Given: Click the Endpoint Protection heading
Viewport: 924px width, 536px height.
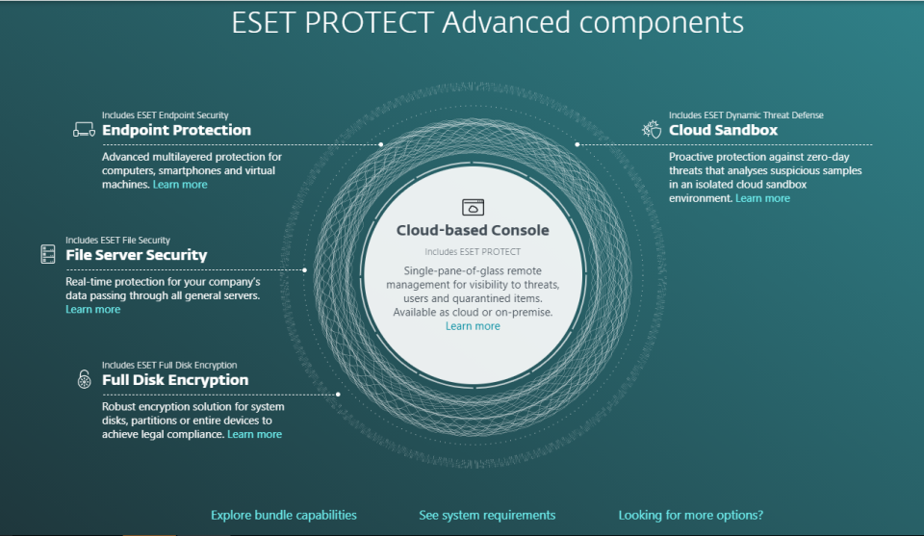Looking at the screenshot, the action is click(176, 130).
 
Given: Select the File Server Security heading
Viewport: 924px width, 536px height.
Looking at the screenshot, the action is click(136, 255).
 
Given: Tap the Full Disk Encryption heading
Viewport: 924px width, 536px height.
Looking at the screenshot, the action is click(175, 380).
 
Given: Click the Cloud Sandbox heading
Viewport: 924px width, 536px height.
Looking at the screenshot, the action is click(723, 130).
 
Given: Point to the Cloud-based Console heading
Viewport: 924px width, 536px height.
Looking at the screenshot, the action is click(473, 230).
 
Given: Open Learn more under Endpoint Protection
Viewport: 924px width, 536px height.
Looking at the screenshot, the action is click(180, 185).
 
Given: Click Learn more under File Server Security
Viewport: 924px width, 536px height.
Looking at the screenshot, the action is click(92, 309).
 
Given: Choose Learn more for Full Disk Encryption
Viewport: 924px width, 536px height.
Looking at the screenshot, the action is click(254, 434).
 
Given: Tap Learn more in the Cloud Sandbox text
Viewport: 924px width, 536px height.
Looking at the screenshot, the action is click(762, 198).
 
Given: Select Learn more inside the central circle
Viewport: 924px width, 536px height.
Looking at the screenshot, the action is click(473, 326).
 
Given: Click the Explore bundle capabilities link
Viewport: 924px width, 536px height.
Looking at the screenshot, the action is click(283, 516).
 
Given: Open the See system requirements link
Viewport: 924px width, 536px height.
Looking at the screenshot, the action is click(487, 516).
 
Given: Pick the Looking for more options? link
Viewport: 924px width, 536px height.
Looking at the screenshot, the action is click(691, 516).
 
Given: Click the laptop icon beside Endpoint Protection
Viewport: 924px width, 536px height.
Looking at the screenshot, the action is click(84, 130).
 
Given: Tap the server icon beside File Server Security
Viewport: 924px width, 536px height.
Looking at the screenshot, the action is click(48, 254).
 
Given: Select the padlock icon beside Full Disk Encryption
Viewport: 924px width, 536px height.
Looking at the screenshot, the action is click(85, 379).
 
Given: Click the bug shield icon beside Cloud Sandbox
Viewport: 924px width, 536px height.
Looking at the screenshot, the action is click(652, 129).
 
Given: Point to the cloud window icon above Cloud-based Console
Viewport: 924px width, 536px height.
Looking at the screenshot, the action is click(473, 207).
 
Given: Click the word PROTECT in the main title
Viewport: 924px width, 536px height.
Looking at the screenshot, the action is click(370, 23).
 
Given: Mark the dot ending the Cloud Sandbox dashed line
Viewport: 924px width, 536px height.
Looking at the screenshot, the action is click(577, 144).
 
